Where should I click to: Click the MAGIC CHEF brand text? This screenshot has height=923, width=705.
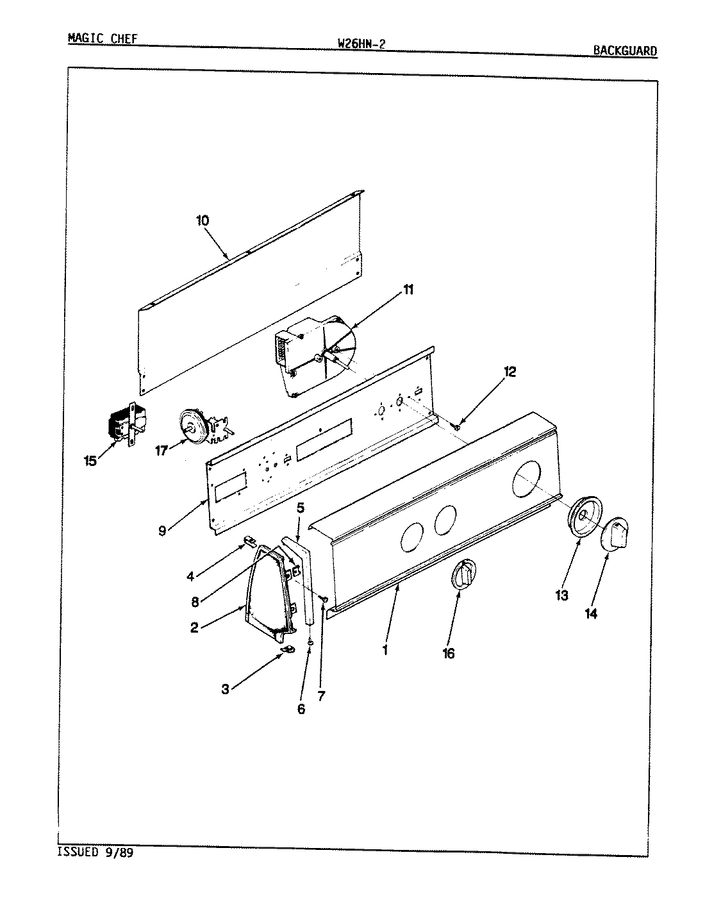102,38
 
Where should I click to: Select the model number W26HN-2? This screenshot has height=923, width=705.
360,44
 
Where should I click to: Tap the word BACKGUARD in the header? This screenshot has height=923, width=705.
624,51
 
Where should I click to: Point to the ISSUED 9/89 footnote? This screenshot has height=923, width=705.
98,852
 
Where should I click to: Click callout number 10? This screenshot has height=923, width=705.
203,220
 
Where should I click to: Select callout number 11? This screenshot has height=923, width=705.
408,290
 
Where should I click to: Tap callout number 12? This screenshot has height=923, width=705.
509,372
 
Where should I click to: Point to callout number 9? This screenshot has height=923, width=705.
162,530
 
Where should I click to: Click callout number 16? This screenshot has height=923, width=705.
448,653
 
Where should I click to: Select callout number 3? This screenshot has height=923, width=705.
225,689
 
